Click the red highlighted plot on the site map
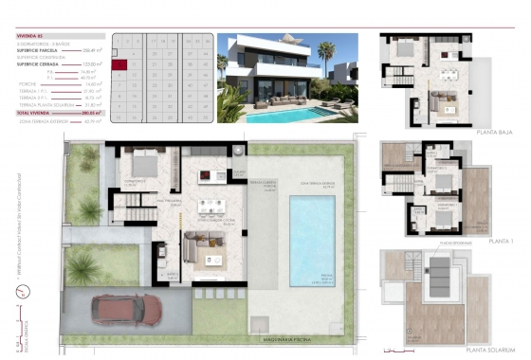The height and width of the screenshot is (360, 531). click(x=120, y=66)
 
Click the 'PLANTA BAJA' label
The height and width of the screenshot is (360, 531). click(x=493, y=133)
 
